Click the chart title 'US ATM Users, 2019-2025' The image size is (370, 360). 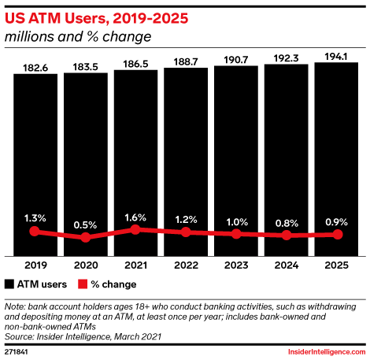[x=96, y=18]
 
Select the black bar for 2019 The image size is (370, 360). [x=35, y=165]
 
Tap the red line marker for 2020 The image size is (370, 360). [x=86, y=237]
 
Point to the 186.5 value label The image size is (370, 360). [x=135, y=64]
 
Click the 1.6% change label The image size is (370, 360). [x=135, y=217]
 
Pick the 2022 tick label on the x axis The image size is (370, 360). [x=186, y=265]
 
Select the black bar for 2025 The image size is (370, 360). [x=336, y=159]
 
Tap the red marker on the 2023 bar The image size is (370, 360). [x=236, y=234]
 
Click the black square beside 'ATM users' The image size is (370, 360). [x=9, y=284]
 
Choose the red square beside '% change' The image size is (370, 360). [x=83, y=284]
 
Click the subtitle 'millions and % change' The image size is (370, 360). [x=78, y=36]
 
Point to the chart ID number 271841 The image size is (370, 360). [x=17, y=352]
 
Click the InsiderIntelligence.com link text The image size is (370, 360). [x=327, y=352]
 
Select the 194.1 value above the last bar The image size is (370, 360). [x=336, y=57]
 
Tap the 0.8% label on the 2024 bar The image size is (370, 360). [x=287, y=224]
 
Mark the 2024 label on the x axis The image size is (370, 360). [x=287, y=265]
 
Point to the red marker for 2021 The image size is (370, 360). [x=135, y=230]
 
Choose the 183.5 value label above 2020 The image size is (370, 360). [x=86, y=67]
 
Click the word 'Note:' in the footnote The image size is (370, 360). [x=15, y=306]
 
